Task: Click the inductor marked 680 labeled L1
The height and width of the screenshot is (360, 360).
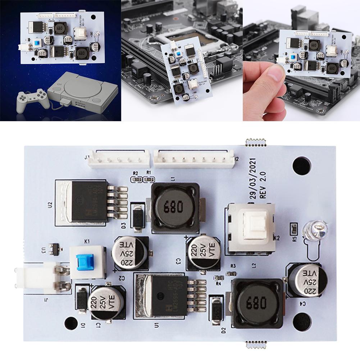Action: (x=174, y=207)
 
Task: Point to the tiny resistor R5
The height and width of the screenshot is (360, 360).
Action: (x=293, y=228)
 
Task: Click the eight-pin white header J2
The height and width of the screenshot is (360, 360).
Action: (x=194, y=158)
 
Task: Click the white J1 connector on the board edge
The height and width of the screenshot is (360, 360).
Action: (x=40, y=278)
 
